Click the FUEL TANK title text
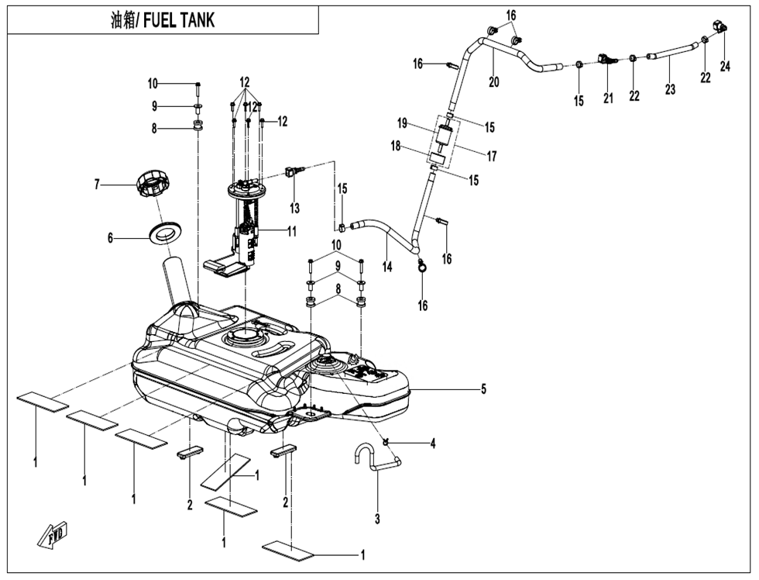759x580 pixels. [x=163, y=21]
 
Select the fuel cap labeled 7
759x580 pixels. [x=152, y=187]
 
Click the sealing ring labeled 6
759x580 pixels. [x=165, y=231]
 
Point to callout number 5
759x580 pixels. [x=483, y=389]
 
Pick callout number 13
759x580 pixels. [x=294, y=208]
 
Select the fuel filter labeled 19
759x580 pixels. [x=444, y=140]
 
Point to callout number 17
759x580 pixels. [x=491, y=156]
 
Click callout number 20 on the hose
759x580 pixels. [x=493, y=81]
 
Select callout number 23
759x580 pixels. [x=670, y=89]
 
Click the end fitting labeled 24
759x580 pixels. [x=723, y=26]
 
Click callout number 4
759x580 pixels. [x=433, y=444]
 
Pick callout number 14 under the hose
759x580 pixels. [x=386, y=266]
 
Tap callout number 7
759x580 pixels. [x=97, y=185]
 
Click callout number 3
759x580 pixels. [x=377, y=518]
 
